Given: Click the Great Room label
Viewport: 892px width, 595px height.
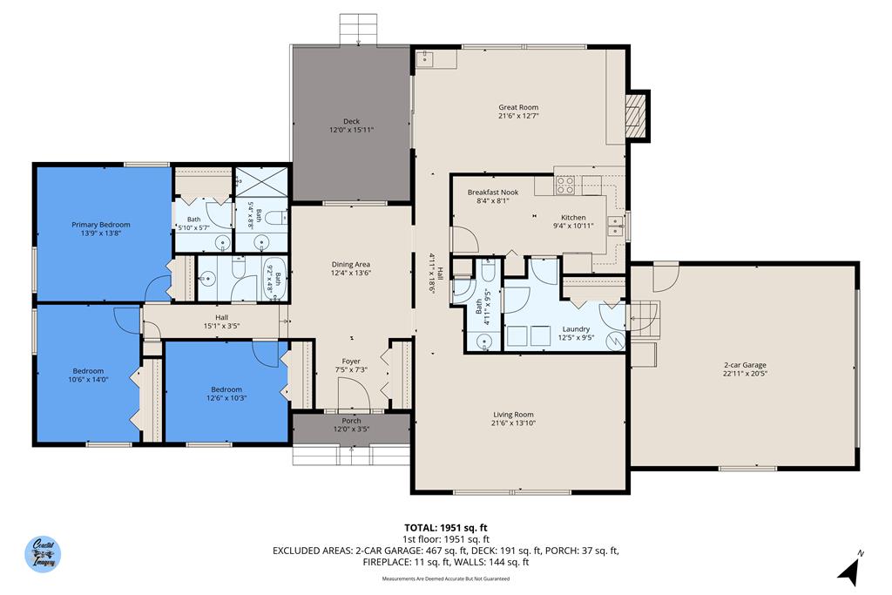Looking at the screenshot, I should coord(518,107).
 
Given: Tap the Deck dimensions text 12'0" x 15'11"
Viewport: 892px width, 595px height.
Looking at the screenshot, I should coord(351,130).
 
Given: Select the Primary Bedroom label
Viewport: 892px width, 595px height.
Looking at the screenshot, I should coord(101,225).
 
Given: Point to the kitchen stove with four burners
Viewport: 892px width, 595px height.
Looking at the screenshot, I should coord(565,185).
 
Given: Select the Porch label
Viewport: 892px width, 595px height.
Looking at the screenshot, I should coord(351,421).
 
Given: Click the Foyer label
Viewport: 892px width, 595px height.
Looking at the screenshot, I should coord(351,362).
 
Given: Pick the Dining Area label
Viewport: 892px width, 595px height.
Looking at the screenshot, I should coord(351,265).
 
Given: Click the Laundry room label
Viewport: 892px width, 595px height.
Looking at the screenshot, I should coord(576,329).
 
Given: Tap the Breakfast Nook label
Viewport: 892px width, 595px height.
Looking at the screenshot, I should coord(493,192).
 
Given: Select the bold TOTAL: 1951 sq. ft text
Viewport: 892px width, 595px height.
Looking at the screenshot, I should coord(445,528).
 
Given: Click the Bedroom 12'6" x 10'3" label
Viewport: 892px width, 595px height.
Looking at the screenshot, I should coord(226,389).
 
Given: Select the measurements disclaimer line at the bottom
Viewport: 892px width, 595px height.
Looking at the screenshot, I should coord(445,578).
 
